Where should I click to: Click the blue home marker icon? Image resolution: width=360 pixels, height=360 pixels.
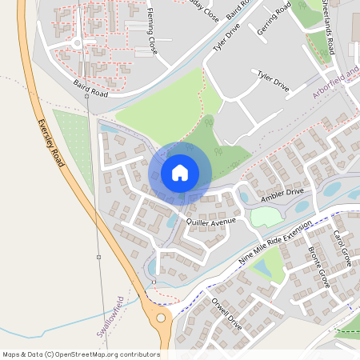point(180,173)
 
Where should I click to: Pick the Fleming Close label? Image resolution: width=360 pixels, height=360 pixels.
point(150,27)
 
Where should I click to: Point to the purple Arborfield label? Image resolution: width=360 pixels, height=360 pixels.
point(333,84)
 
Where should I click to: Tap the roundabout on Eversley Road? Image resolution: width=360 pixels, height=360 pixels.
point(161,318)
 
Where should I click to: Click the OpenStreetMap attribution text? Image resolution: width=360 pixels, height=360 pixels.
point(81,354)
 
